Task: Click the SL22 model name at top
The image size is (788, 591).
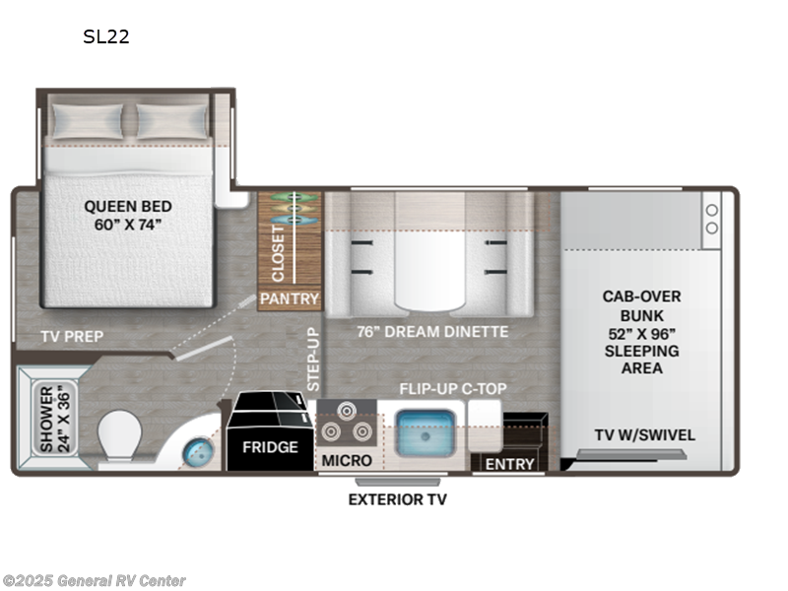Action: [x=106, y=37]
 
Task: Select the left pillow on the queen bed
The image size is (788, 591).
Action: [x=88, y=121]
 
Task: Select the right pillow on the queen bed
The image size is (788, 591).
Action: [x=171, y=121]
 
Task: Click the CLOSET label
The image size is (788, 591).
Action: [x=279, y=251]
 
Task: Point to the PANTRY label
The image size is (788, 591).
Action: [x=290, y=298]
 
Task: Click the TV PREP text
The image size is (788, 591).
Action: [x=72, y=336]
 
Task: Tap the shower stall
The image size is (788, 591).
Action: [x=52, y=419]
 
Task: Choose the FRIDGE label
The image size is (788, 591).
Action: [x=270, y=447]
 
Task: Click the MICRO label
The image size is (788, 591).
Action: [x=348, y=460]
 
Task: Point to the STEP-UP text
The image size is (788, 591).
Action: [x=314, y=360]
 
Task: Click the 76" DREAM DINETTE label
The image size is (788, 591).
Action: [x=432, y=332]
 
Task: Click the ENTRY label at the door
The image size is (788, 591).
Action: [x=509, y=463]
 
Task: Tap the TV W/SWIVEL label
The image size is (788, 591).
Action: [x=645, y=434]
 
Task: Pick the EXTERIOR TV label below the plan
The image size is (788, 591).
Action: [x=397, y=499]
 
